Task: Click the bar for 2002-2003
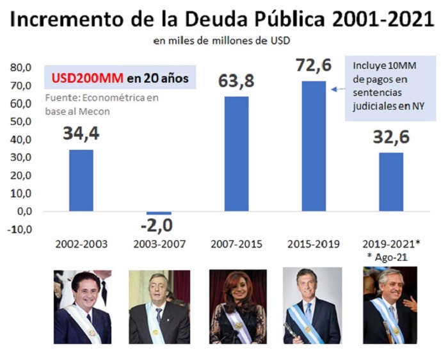point(81,181)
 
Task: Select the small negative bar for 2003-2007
point(159,213)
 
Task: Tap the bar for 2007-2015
point(236,154)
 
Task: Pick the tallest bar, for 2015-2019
point(314,146)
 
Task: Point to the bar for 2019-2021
point(391,182)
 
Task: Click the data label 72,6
point(314,65)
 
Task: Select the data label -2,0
point(157,225)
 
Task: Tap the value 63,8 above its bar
point(236,81)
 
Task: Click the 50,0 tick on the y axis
point(20,122)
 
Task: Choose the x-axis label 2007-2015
point(236,244)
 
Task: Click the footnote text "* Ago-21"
point(387,258)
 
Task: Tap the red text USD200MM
point(88,78)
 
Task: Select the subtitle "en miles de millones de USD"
point(221,40)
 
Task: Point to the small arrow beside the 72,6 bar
point(339,90)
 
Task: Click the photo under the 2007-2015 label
point(238,307)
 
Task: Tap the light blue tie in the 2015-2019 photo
point(308,312)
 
